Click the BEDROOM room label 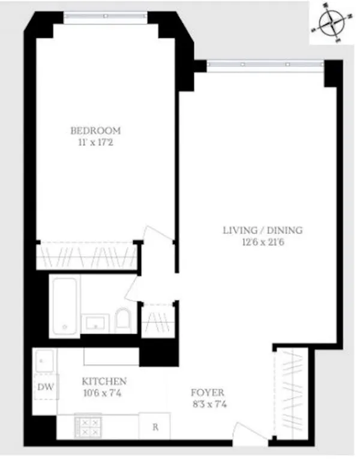[x=95, y=130]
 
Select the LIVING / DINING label [x=263, y=230]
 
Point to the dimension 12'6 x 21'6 [x=263, y=243]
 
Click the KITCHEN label [x=104, y=382]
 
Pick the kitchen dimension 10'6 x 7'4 [x=104, y=394]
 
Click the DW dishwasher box [x=46, y=387]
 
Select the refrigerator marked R [x=155, y=427]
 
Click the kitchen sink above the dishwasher [x=44, y=361]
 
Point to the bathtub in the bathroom [x=63, y=306]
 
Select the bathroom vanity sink [x=97, y=323]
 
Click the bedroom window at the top [x=106, y=16]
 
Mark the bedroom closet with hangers [x=85, y=257]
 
